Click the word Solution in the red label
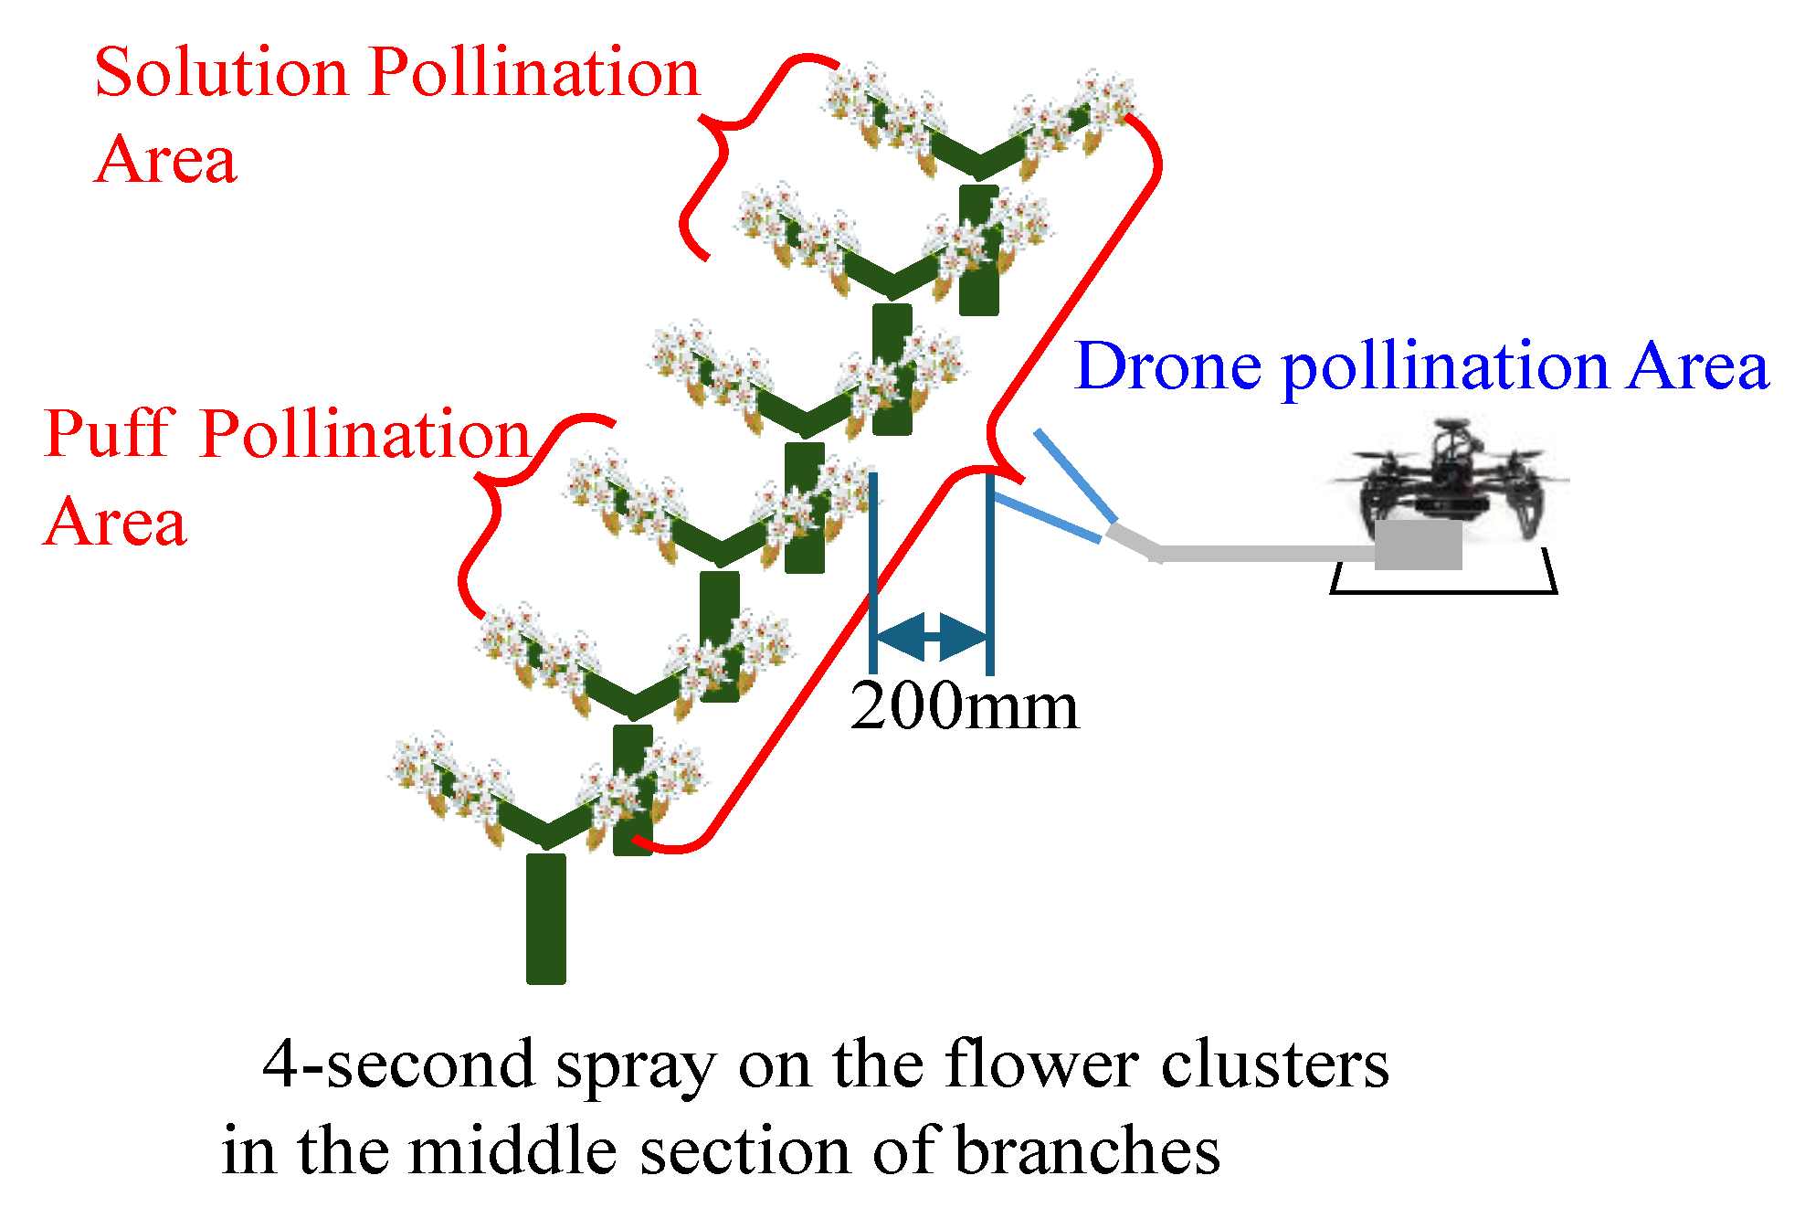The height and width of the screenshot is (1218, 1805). [x=220, y=72]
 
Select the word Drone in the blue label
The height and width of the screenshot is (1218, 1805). [x=1168, y=366]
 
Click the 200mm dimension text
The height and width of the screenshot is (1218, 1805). [x=964, y=706]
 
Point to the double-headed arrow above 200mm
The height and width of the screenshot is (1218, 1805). [x=931, y=637]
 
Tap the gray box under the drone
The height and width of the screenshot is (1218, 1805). [x=1418, y=545]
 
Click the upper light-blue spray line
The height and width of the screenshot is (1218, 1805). [x=1075, y=475]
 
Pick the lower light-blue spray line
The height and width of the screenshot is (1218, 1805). [x=1047, y=518]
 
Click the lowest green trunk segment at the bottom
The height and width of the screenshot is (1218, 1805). [x=545, y=918]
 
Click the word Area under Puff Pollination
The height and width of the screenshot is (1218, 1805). [x=115, y=523]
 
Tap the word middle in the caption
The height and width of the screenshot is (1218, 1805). [x=512, y=1151]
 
